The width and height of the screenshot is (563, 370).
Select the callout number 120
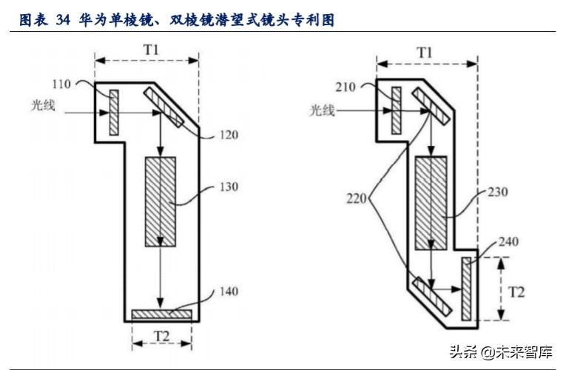228,135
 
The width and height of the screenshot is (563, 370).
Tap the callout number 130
229,186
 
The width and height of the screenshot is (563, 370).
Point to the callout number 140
229,292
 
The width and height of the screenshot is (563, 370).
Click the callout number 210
345,87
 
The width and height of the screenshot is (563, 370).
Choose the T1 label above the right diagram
424,52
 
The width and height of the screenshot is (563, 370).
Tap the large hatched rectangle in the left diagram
160,201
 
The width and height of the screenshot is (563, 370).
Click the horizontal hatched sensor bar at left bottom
161,314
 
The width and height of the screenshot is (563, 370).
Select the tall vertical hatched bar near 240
466,289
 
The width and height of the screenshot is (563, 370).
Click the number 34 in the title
63,21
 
